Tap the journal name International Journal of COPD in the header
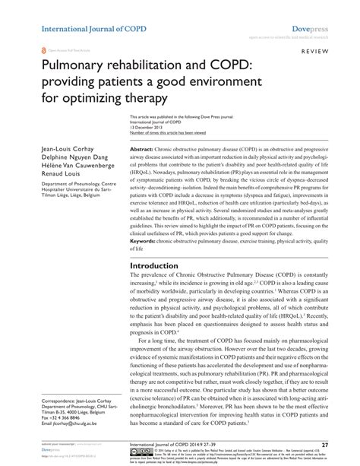click(x=84, y=9)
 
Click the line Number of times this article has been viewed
click(x=169, y=133)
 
